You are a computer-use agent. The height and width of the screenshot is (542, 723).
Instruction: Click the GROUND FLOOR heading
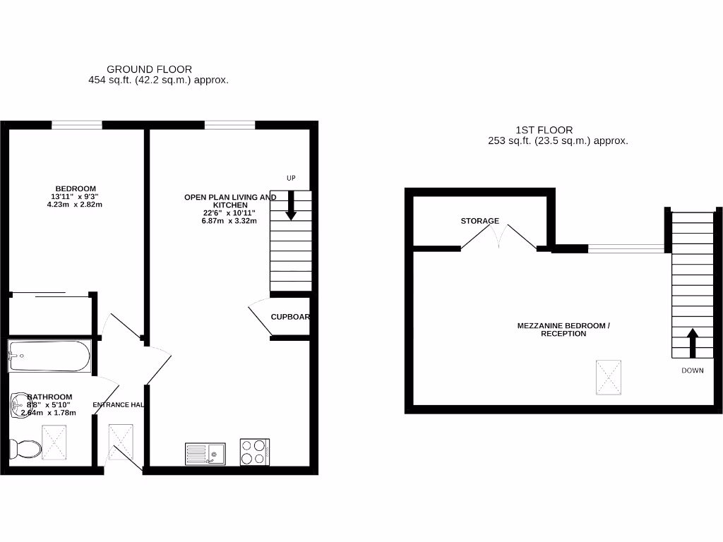pos(149,69)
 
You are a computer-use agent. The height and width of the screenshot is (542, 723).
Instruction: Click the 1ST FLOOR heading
pos(544,130)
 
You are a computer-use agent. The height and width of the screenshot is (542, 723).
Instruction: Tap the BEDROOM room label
pos(71,188)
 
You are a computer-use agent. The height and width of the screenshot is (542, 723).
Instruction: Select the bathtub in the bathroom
pos(49,356)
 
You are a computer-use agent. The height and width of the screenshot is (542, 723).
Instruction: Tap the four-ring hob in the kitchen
pos(255,452)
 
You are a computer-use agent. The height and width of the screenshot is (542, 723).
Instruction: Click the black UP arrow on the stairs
pos(290,206)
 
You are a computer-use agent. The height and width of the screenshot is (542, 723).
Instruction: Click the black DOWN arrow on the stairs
pos(691,342)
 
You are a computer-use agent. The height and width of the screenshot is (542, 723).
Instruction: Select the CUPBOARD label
pos(290,317)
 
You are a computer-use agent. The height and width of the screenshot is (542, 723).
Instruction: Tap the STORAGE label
pos(480,221)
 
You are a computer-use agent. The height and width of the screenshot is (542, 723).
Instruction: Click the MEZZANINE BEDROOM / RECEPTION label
pos(563,330)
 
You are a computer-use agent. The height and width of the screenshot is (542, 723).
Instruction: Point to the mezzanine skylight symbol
pos(609,378)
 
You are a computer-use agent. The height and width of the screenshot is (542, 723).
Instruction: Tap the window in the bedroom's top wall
pos(76,126)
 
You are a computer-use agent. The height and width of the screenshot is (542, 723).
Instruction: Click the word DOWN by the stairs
pos(692,371)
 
